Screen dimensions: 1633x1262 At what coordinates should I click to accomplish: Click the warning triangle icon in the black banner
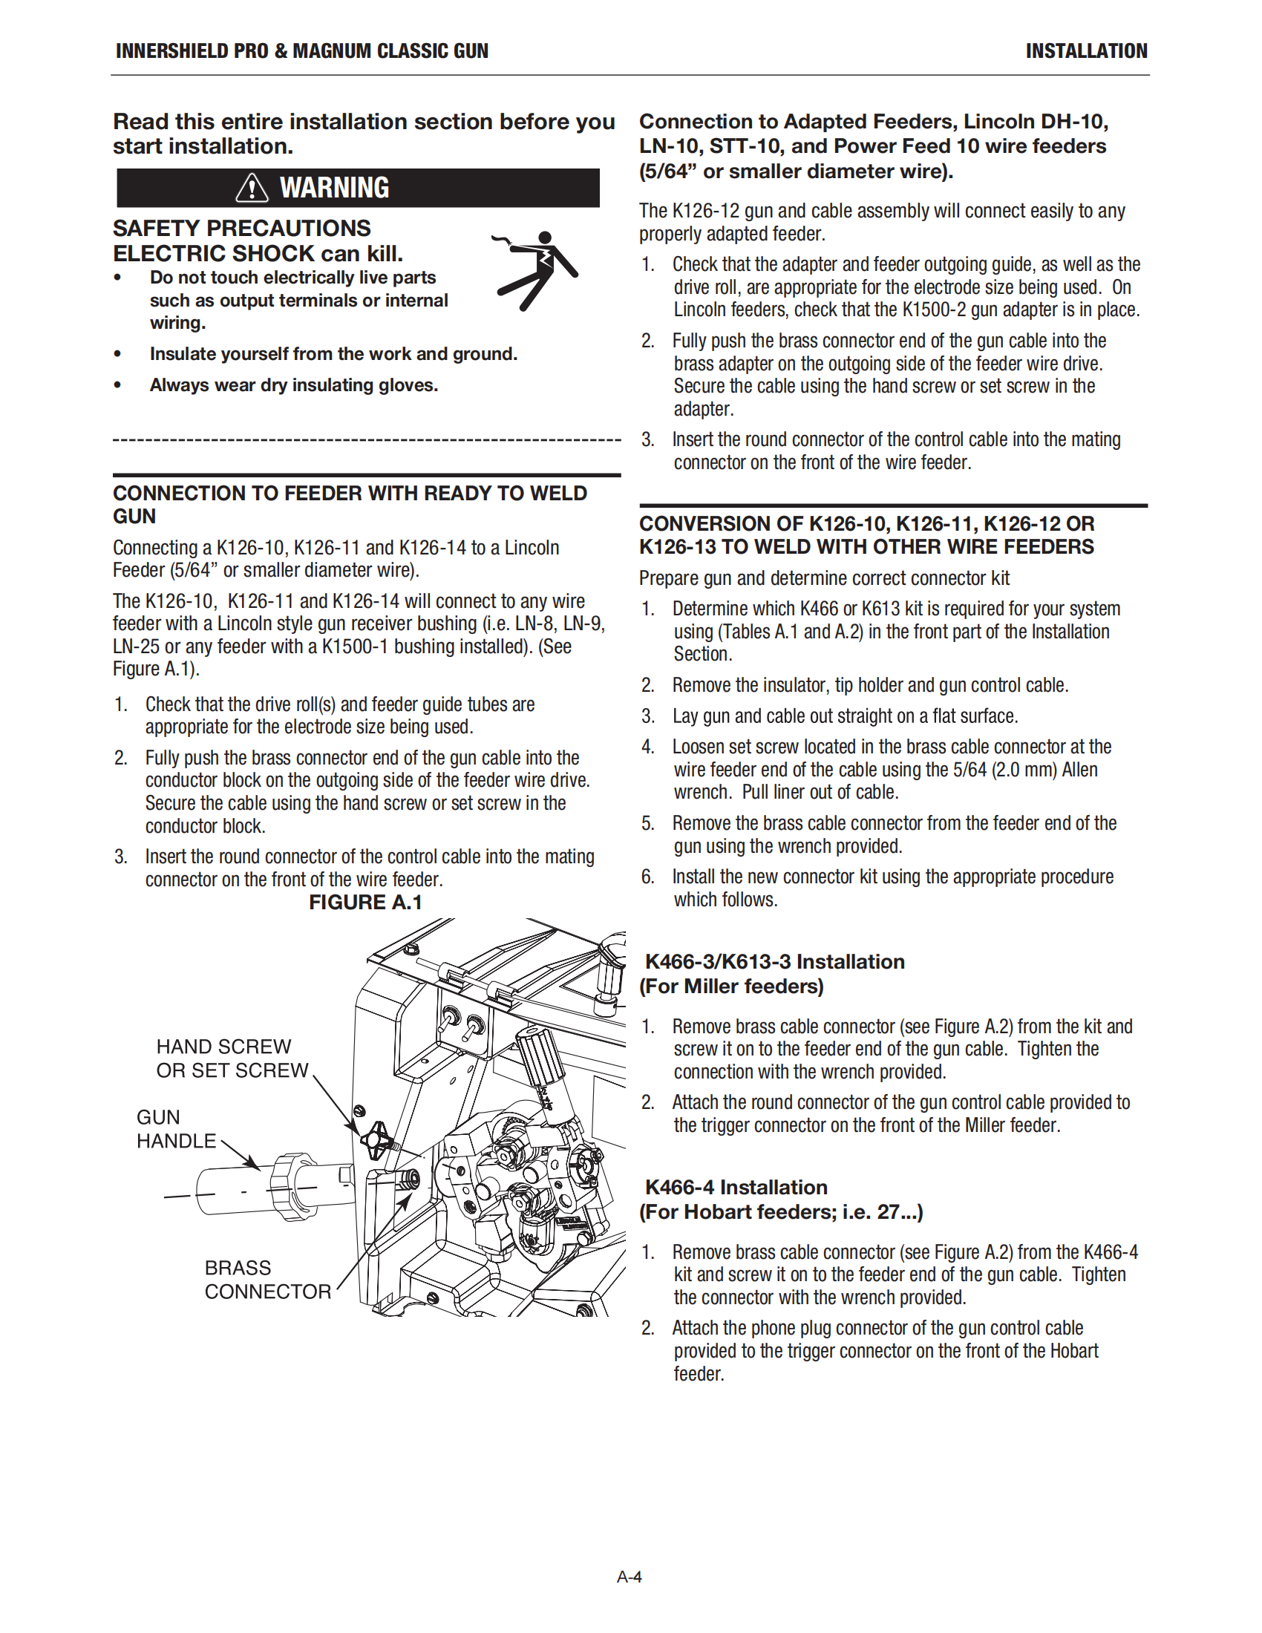pos(252,188)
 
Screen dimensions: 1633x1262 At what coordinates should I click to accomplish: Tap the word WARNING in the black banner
pos(334,188)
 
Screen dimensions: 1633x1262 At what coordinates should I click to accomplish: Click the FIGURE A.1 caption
pos(365,903)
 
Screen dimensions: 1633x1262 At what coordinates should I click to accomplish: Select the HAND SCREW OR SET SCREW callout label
pos(232,1058)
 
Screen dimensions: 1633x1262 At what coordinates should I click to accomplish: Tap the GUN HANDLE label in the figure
pos(176,1129)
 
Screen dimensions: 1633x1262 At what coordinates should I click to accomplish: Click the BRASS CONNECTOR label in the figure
pos(267,1280)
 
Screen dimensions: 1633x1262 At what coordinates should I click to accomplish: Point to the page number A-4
pos(630,1577)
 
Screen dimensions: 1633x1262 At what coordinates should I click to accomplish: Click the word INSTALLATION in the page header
pos(1085,50)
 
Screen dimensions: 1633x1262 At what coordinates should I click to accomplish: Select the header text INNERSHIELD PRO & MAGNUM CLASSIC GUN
pos(302,50)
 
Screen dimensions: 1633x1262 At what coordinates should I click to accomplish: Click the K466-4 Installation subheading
pos(736,1188)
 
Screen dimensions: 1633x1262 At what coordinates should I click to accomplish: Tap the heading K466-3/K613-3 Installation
pos(774,961)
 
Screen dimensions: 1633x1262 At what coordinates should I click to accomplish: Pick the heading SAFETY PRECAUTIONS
pos(241,228)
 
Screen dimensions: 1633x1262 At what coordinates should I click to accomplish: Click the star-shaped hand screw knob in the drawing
pos(376,1137)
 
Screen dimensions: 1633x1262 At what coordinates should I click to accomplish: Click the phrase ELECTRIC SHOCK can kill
pos(258,253)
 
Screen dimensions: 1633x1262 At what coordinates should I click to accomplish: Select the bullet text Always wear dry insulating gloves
pos(294,385)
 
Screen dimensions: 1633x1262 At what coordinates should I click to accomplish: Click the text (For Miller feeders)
pos(731,986)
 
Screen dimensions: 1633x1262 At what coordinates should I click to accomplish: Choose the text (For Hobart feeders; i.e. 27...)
pos(780,1212)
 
